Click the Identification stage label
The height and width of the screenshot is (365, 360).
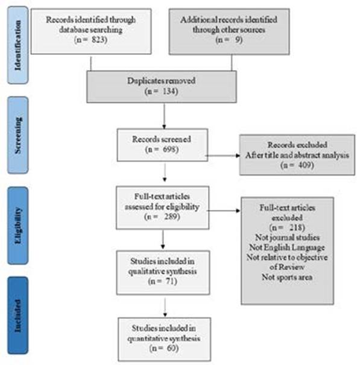[x=17, y=45]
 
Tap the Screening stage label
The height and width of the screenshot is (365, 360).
[x=17, y=135]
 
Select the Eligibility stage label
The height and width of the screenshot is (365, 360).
[x=17, y=225]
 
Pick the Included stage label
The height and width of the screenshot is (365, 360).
[x=17, y=316]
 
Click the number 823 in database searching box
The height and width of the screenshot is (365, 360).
[x=98, y=40]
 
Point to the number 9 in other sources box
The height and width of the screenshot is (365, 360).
[x=238, y=40]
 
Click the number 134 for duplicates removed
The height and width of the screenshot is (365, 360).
[x=169, y=91]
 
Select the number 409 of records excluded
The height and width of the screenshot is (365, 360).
[x=305, y=165]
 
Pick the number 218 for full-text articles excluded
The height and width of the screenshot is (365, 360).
[x=296, y=227]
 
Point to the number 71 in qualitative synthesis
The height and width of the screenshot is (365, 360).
[x=169, y=281]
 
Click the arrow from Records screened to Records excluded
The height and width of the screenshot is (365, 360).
[x=223, y=156]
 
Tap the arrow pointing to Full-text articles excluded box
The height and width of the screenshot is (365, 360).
[x=223, y=211]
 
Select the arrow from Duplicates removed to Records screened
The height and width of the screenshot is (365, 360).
[x=164, y=116]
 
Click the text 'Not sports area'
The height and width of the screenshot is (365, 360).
[x=287, y=277]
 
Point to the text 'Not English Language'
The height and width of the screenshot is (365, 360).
[x=287, y=247]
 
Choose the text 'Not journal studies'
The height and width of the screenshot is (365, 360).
[x=288, y=237]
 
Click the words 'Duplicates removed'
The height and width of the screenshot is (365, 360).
[x=161, y=81]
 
